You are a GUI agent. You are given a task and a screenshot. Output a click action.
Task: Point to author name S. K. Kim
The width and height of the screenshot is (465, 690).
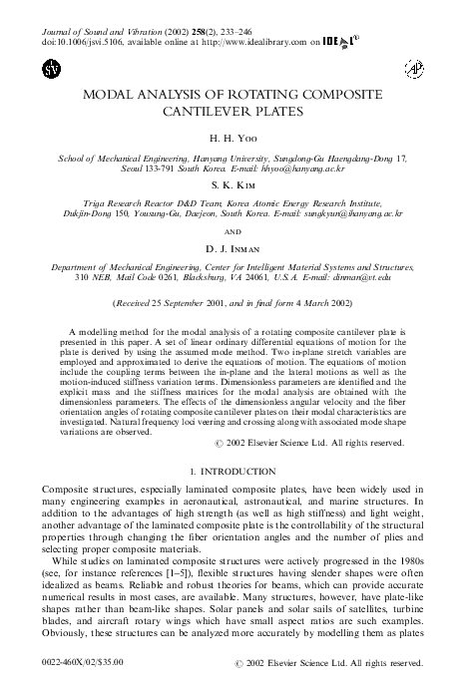pos(232,186)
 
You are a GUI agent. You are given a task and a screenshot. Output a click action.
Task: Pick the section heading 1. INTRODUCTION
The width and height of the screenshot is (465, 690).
pos(232,469)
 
